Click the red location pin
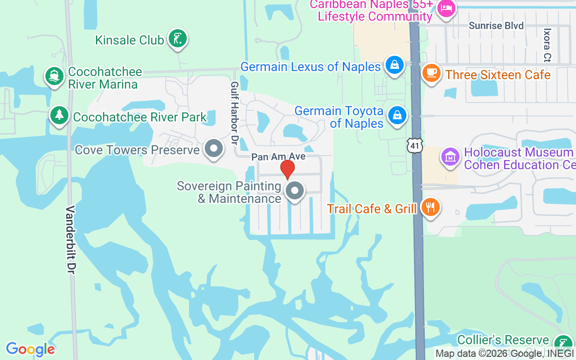287,169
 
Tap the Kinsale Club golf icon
177,39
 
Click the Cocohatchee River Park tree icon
59,116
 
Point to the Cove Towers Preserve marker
214,148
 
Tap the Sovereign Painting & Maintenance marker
295,191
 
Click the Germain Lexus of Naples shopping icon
395,65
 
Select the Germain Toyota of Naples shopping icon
397,116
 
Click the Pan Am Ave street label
278,157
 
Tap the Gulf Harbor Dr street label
234,112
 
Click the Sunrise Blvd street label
496,26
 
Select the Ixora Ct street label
547,45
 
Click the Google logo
30,349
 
